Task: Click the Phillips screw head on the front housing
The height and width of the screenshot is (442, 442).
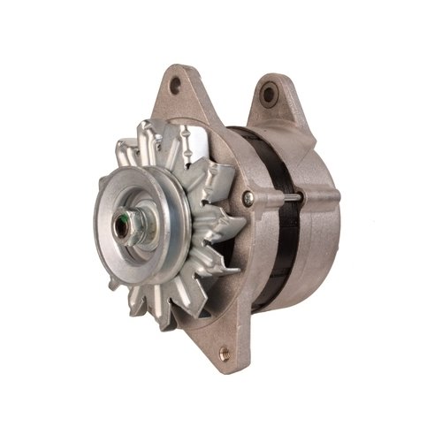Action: tap(248, 198)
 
